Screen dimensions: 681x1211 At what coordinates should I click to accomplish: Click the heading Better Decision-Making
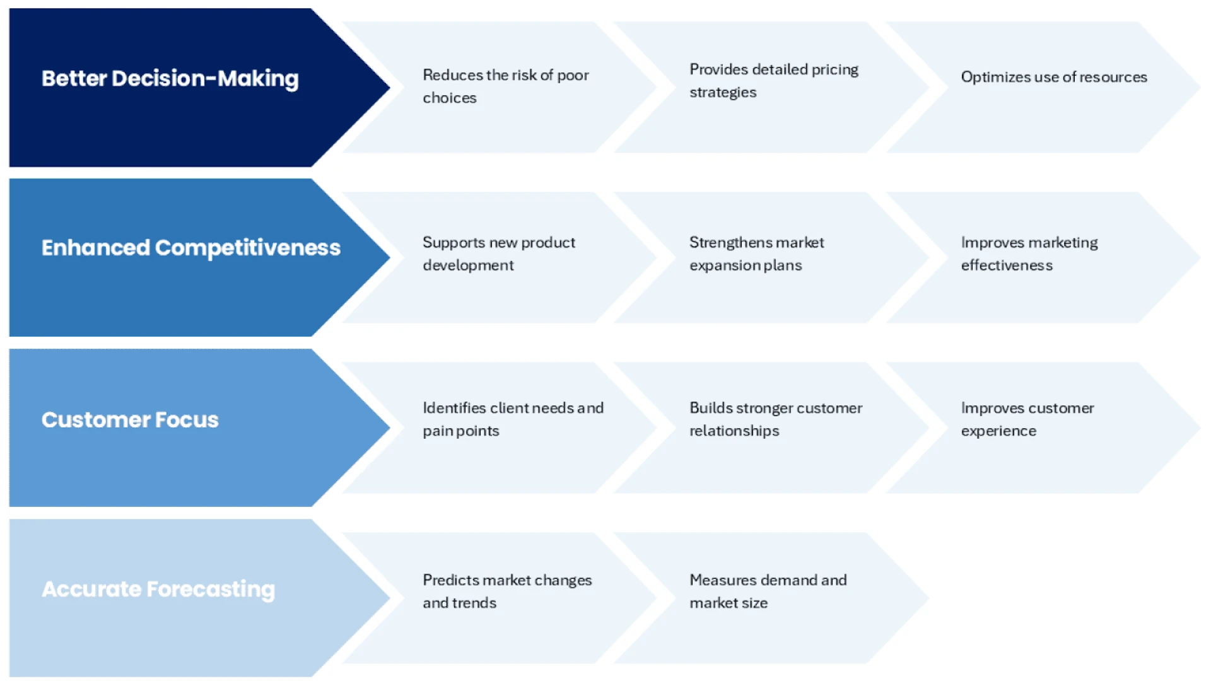(x=170, y=78)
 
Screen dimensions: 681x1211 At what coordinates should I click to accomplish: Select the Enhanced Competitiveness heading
(x=190, y=248)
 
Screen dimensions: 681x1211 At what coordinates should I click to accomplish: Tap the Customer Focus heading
(x=130, y=420)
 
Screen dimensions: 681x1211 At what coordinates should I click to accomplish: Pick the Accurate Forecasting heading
(x=158, y=589)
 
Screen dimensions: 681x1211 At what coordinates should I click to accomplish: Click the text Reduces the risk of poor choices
(x=505, y=86)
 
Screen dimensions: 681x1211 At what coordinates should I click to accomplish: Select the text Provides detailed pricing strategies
(x=773, y=81)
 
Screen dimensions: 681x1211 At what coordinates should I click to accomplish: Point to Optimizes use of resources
(x=1053, y=77)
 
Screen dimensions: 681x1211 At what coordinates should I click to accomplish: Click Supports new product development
(x=498, y=253)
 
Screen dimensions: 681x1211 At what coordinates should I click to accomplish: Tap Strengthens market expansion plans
(x=756, y=253)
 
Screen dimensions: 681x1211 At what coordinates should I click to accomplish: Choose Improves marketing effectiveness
(x=1029, y=253)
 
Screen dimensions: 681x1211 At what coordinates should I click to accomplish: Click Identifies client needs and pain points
(x=513, y=419)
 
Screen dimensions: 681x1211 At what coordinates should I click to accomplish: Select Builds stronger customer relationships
(x=775, y=419)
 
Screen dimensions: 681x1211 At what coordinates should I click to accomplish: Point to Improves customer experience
(x=1027, y=419)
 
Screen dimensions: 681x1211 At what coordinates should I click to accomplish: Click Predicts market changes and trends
(x=507, y=591)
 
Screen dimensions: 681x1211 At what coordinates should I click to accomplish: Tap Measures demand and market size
(x=768, y=591)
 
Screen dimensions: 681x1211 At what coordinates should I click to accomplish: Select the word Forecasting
(x=211, y=589)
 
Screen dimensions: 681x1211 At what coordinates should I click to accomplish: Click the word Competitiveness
(x=247, y=248)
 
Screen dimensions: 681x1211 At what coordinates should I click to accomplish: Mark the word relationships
(x=734, y=431)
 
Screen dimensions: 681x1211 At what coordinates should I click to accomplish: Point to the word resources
(x=1113, y=77)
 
